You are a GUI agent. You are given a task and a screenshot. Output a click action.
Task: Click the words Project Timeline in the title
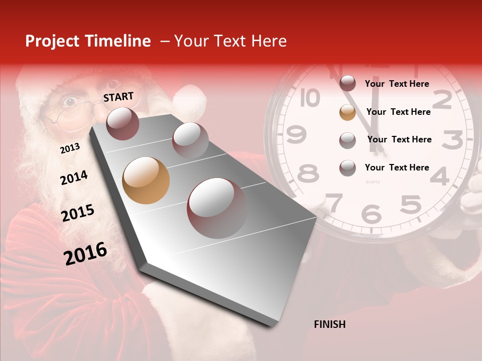88,41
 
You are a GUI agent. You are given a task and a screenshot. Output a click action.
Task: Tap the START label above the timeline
118,97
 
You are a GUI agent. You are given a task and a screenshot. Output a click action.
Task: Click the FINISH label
329,324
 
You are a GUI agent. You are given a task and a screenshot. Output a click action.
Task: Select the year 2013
70,148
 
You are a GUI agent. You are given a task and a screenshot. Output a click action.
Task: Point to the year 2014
74,177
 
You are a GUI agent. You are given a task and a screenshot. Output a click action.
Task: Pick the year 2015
78,213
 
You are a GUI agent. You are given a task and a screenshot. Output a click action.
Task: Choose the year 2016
85,253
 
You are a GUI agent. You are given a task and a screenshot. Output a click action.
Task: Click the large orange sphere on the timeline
146,180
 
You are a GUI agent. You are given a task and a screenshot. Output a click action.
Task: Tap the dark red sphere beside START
123,123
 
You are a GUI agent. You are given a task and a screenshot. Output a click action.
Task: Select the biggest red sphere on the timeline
217,208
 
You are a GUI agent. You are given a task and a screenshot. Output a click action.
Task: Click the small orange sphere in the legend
347,112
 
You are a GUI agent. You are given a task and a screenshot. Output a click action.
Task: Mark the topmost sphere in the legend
347,84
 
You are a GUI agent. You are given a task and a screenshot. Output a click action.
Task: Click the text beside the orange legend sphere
398,112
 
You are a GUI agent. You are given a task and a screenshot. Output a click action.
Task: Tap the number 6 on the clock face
372,213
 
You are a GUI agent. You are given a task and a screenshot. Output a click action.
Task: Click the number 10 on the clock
310,98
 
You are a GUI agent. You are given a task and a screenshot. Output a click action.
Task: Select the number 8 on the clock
308,173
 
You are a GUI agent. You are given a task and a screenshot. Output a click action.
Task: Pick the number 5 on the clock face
411,205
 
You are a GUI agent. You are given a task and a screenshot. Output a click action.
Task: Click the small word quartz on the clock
373,182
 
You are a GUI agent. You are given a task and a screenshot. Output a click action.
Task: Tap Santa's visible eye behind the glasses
69,102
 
